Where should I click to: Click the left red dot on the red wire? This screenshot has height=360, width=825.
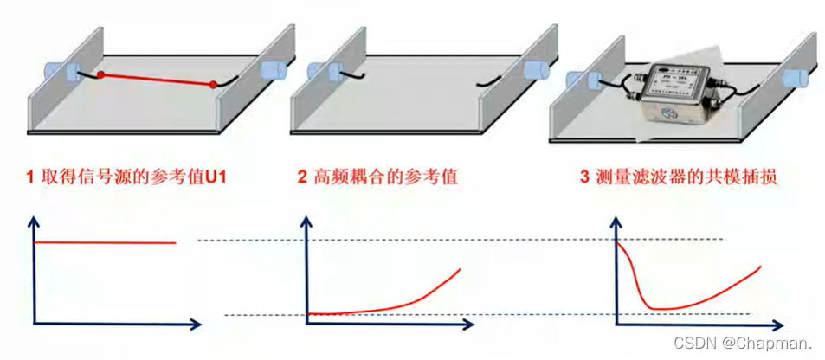[101, 75]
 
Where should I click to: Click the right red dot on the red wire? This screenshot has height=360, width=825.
[213, 85]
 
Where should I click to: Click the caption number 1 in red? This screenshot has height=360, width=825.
[29, 177]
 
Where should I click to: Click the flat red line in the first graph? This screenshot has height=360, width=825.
[104, 243]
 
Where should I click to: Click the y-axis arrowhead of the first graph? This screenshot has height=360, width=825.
[34, 222]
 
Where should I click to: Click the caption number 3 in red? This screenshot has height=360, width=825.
[585, 177]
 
